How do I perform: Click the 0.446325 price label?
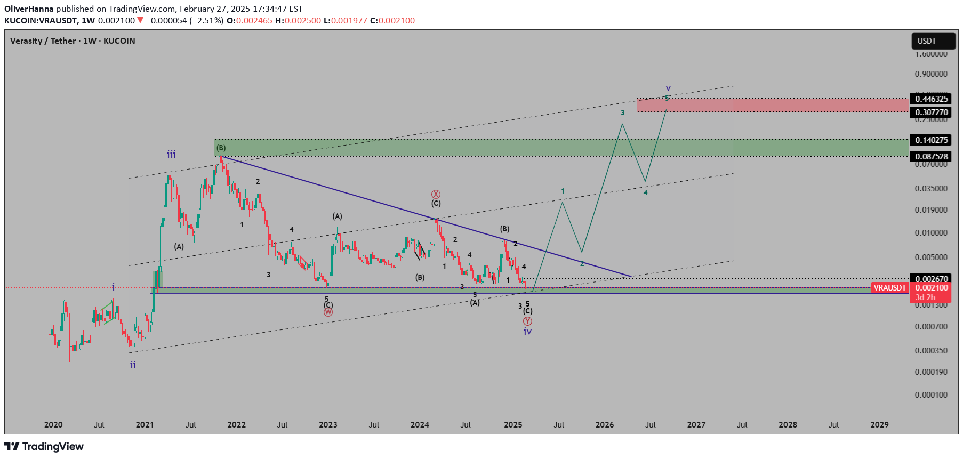coord(931,99)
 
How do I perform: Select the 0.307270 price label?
coord(931,112)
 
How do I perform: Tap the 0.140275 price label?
coord(931,140)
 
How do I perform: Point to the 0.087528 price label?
coord(931,156)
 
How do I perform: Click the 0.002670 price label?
coord(931,279)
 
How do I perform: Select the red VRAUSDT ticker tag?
coord(889,288)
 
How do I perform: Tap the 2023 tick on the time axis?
coord(328,425)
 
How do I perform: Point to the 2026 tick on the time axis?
coord(605,425)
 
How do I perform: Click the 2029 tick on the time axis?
coord(879,425)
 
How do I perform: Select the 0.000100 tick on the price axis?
coord(931,395)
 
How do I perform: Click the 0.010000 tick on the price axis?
coord(931,233)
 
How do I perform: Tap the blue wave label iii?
coord(171,155)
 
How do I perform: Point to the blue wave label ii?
coord(133,365)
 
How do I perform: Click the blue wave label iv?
coord(527,332)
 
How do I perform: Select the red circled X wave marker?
coord(436,194)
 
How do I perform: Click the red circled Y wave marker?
coord(527,321)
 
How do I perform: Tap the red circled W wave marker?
coord(328,312)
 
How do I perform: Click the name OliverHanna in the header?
coord(29,9)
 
